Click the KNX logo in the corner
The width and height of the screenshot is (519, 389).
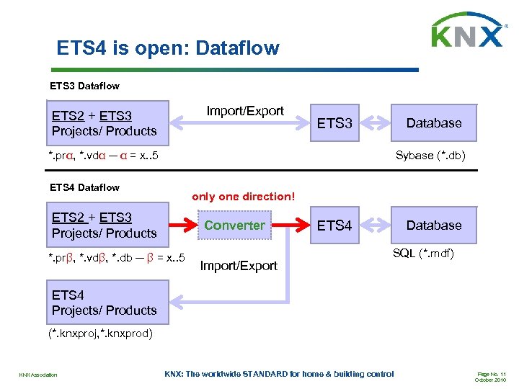[x=467, y=30]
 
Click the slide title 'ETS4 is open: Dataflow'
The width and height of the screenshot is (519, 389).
[x=167, y=48]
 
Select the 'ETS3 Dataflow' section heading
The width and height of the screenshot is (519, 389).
[x=84, y=86]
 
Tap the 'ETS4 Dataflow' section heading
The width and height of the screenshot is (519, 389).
[x=84, y=187]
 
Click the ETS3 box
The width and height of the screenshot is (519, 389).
[x=334, y=123]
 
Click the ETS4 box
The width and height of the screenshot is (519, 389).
[x=334, y=225]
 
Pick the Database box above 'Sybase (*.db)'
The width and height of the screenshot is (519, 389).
[x=433, y=123]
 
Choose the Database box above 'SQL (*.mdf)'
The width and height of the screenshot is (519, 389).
[x=433, y=225]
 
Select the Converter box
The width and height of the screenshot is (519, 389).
[x=234, y=225]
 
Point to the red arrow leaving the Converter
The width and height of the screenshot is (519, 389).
[x=291, y=225]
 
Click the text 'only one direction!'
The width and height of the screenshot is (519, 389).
[x=243, y=196]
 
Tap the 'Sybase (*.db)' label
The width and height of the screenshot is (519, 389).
[x=425, y=155]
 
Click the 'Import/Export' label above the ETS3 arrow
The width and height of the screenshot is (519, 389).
[x=245, y=111]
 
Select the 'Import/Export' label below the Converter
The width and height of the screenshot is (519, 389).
[x=239, y=266]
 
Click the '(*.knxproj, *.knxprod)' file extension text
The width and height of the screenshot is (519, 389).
[x=100, y=334]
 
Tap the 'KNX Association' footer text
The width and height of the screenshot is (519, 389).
[x=38, y=374]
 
